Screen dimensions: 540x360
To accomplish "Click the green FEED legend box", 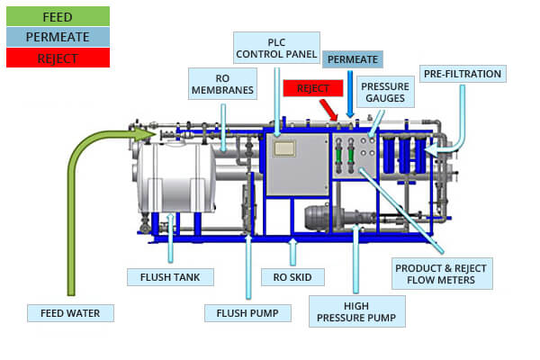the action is (x=58, y=16).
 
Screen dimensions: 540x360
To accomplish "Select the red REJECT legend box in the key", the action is (x=58, y=58).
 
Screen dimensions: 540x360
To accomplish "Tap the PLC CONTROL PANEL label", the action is (x=276, y=48).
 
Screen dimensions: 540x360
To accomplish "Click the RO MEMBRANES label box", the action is (x=222, y=84).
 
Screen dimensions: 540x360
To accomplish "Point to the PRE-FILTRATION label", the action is (x=463, y=74).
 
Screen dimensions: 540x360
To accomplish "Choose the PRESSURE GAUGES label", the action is (x=385, y=92).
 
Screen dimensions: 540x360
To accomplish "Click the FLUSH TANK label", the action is (x=170, y=277).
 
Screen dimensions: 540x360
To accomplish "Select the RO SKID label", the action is (x=292, y=277).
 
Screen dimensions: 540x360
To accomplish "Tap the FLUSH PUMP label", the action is (x=247, y=313).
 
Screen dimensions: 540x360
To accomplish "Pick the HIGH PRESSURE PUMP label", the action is (x=356, y=311).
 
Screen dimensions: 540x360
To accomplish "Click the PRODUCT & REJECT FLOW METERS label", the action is (x=442, y=274).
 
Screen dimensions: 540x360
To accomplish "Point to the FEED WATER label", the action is (x=70, y=313).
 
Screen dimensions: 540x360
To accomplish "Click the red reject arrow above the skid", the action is (x=328, y=110).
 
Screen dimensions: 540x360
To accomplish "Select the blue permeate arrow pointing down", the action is (x=350, y=94).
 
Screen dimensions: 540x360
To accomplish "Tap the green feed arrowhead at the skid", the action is (x=145, y=134).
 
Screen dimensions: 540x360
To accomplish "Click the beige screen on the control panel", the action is (x=284, y=148).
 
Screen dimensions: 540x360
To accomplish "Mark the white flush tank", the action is (x=176, y=177).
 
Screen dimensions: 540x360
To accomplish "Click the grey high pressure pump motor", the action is (x=318, y=218).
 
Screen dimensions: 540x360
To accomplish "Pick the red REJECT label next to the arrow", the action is (x=313, y=88).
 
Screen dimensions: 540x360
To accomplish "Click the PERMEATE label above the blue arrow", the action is (x=352, y=59).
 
